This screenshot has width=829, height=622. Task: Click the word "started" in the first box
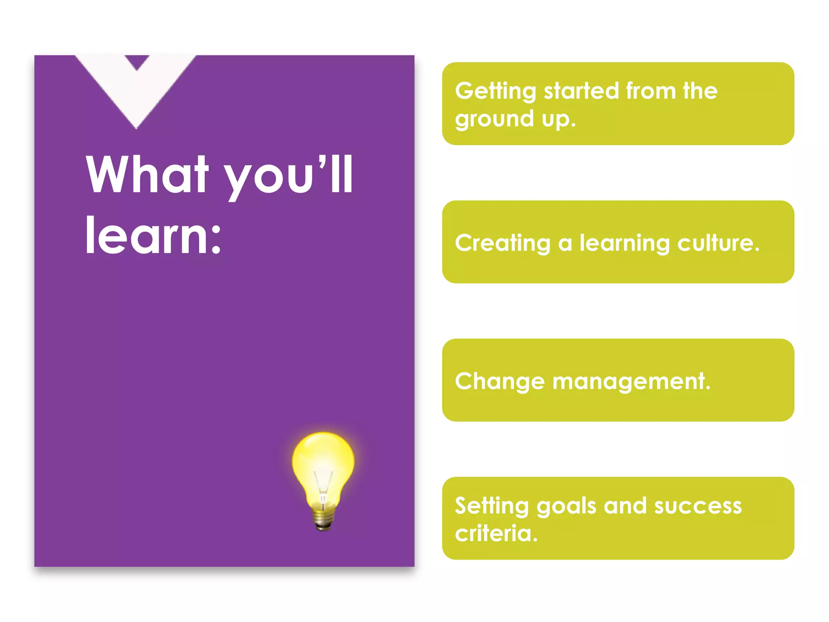(x=581, y=91)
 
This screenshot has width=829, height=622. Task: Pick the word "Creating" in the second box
(x=502, y=243)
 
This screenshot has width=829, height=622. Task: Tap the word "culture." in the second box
(x=718, y=243)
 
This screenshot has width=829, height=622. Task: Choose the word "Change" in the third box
(x=500, y=382)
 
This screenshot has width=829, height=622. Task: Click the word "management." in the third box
(x=631, y=382)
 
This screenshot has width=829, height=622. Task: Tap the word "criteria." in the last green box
(x=496, y=533)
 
